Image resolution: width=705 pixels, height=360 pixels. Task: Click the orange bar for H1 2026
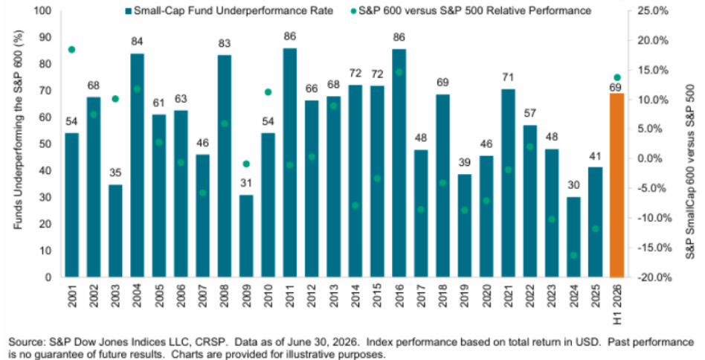point(617,184)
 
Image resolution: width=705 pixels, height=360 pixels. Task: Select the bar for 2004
point(137,165)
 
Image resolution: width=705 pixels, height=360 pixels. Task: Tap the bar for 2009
point(246,236)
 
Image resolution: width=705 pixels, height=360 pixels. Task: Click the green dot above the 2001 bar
point(71,49)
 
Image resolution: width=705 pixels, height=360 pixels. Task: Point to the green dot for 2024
point(573,255)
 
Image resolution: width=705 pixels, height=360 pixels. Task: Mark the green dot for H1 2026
point(617,77)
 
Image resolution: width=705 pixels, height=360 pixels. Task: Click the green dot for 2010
point(268,92)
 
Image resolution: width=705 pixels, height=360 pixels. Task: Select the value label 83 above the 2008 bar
point(225,44)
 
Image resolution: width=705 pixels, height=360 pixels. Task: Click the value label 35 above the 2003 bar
point(115,173)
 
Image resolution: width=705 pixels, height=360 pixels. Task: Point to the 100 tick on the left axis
point(46,10)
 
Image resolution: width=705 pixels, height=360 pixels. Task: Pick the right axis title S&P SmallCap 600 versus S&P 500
point(690,173)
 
